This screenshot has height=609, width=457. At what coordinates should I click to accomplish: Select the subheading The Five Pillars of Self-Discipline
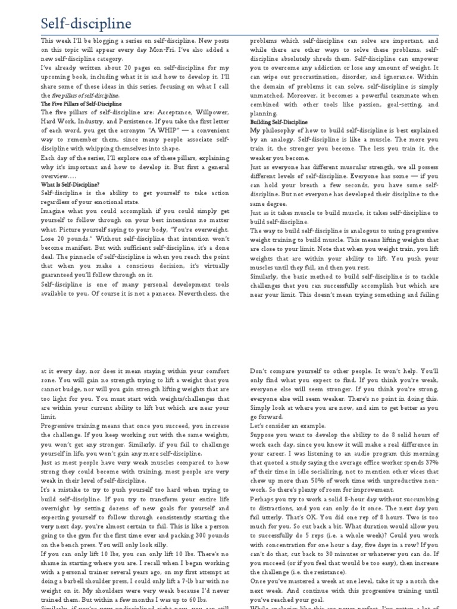(x=81, y=103)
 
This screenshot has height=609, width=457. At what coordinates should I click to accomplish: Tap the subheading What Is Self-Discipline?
(x=70, y=184)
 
